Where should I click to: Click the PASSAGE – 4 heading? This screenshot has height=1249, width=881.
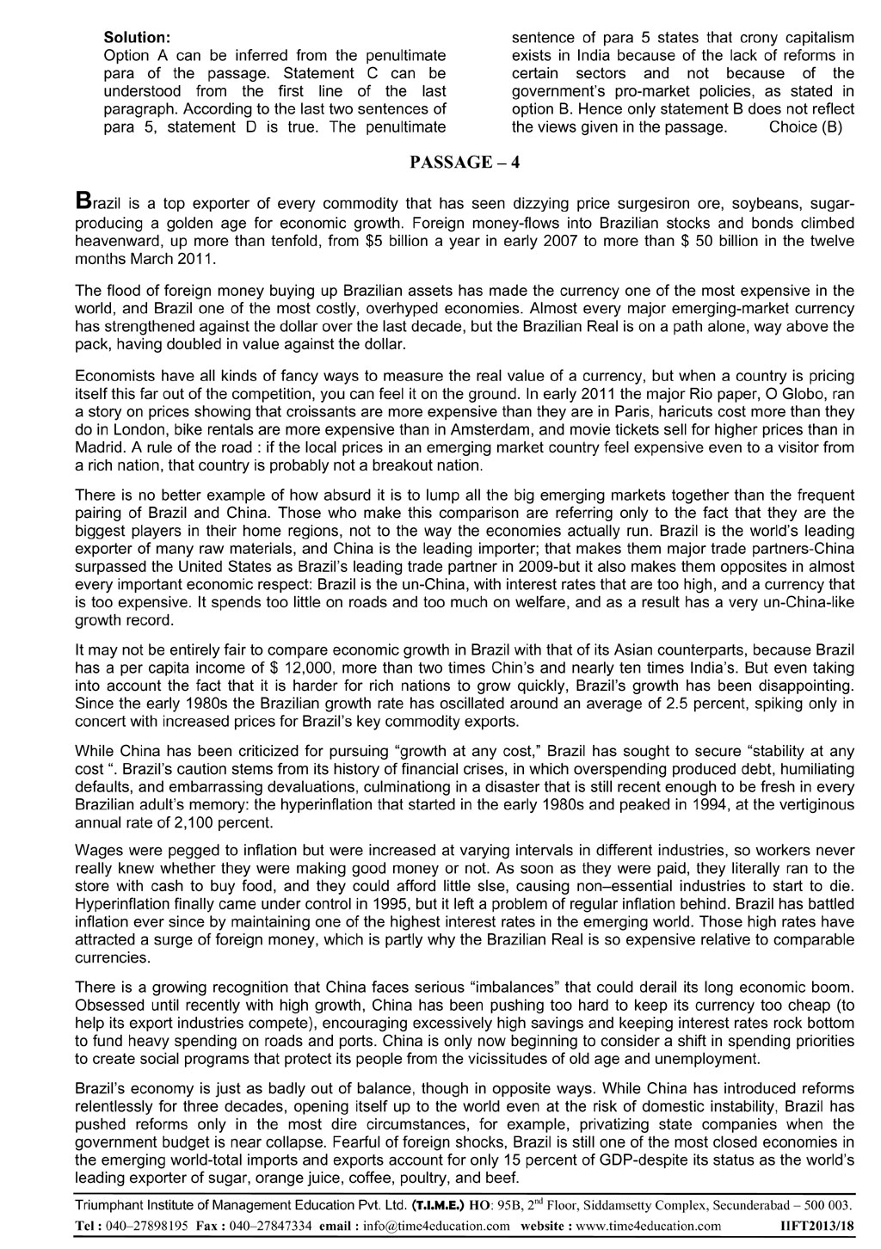click(465, 163)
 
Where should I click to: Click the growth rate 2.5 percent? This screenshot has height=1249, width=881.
click(662, 703)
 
